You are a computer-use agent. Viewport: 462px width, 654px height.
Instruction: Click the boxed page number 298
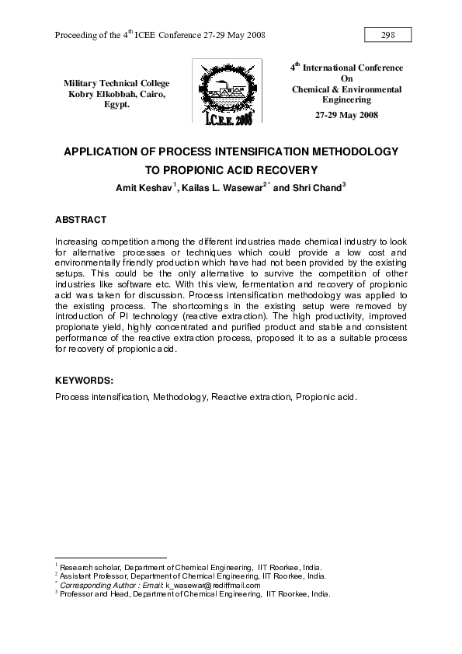tap(387, 35)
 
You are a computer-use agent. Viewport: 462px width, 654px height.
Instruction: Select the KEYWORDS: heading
tap(85, 380)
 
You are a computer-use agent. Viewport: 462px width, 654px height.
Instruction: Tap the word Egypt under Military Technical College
tap(116, 105)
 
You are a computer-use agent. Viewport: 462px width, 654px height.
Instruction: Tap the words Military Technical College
tap(116, 83)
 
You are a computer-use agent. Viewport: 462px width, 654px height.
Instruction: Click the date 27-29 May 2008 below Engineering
tap(346, 115)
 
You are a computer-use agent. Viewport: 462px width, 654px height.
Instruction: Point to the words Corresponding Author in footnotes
tap(95, 585)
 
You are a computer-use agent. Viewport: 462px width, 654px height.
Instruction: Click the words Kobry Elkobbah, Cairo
tap(116, 94)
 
